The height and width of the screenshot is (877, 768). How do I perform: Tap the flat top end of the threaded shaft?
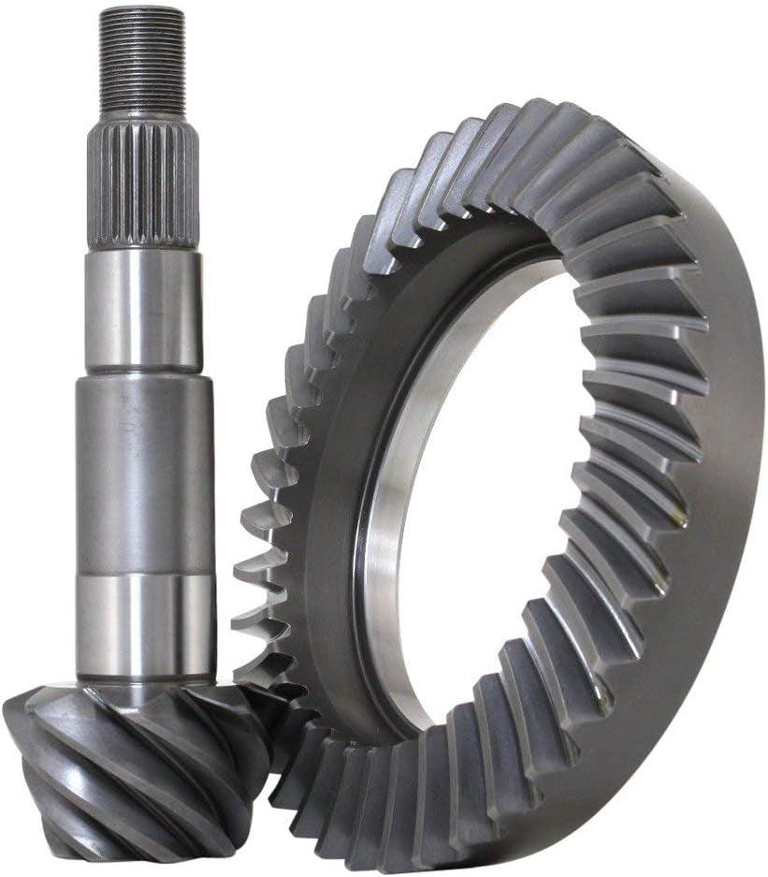click(x=142, y=9)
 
